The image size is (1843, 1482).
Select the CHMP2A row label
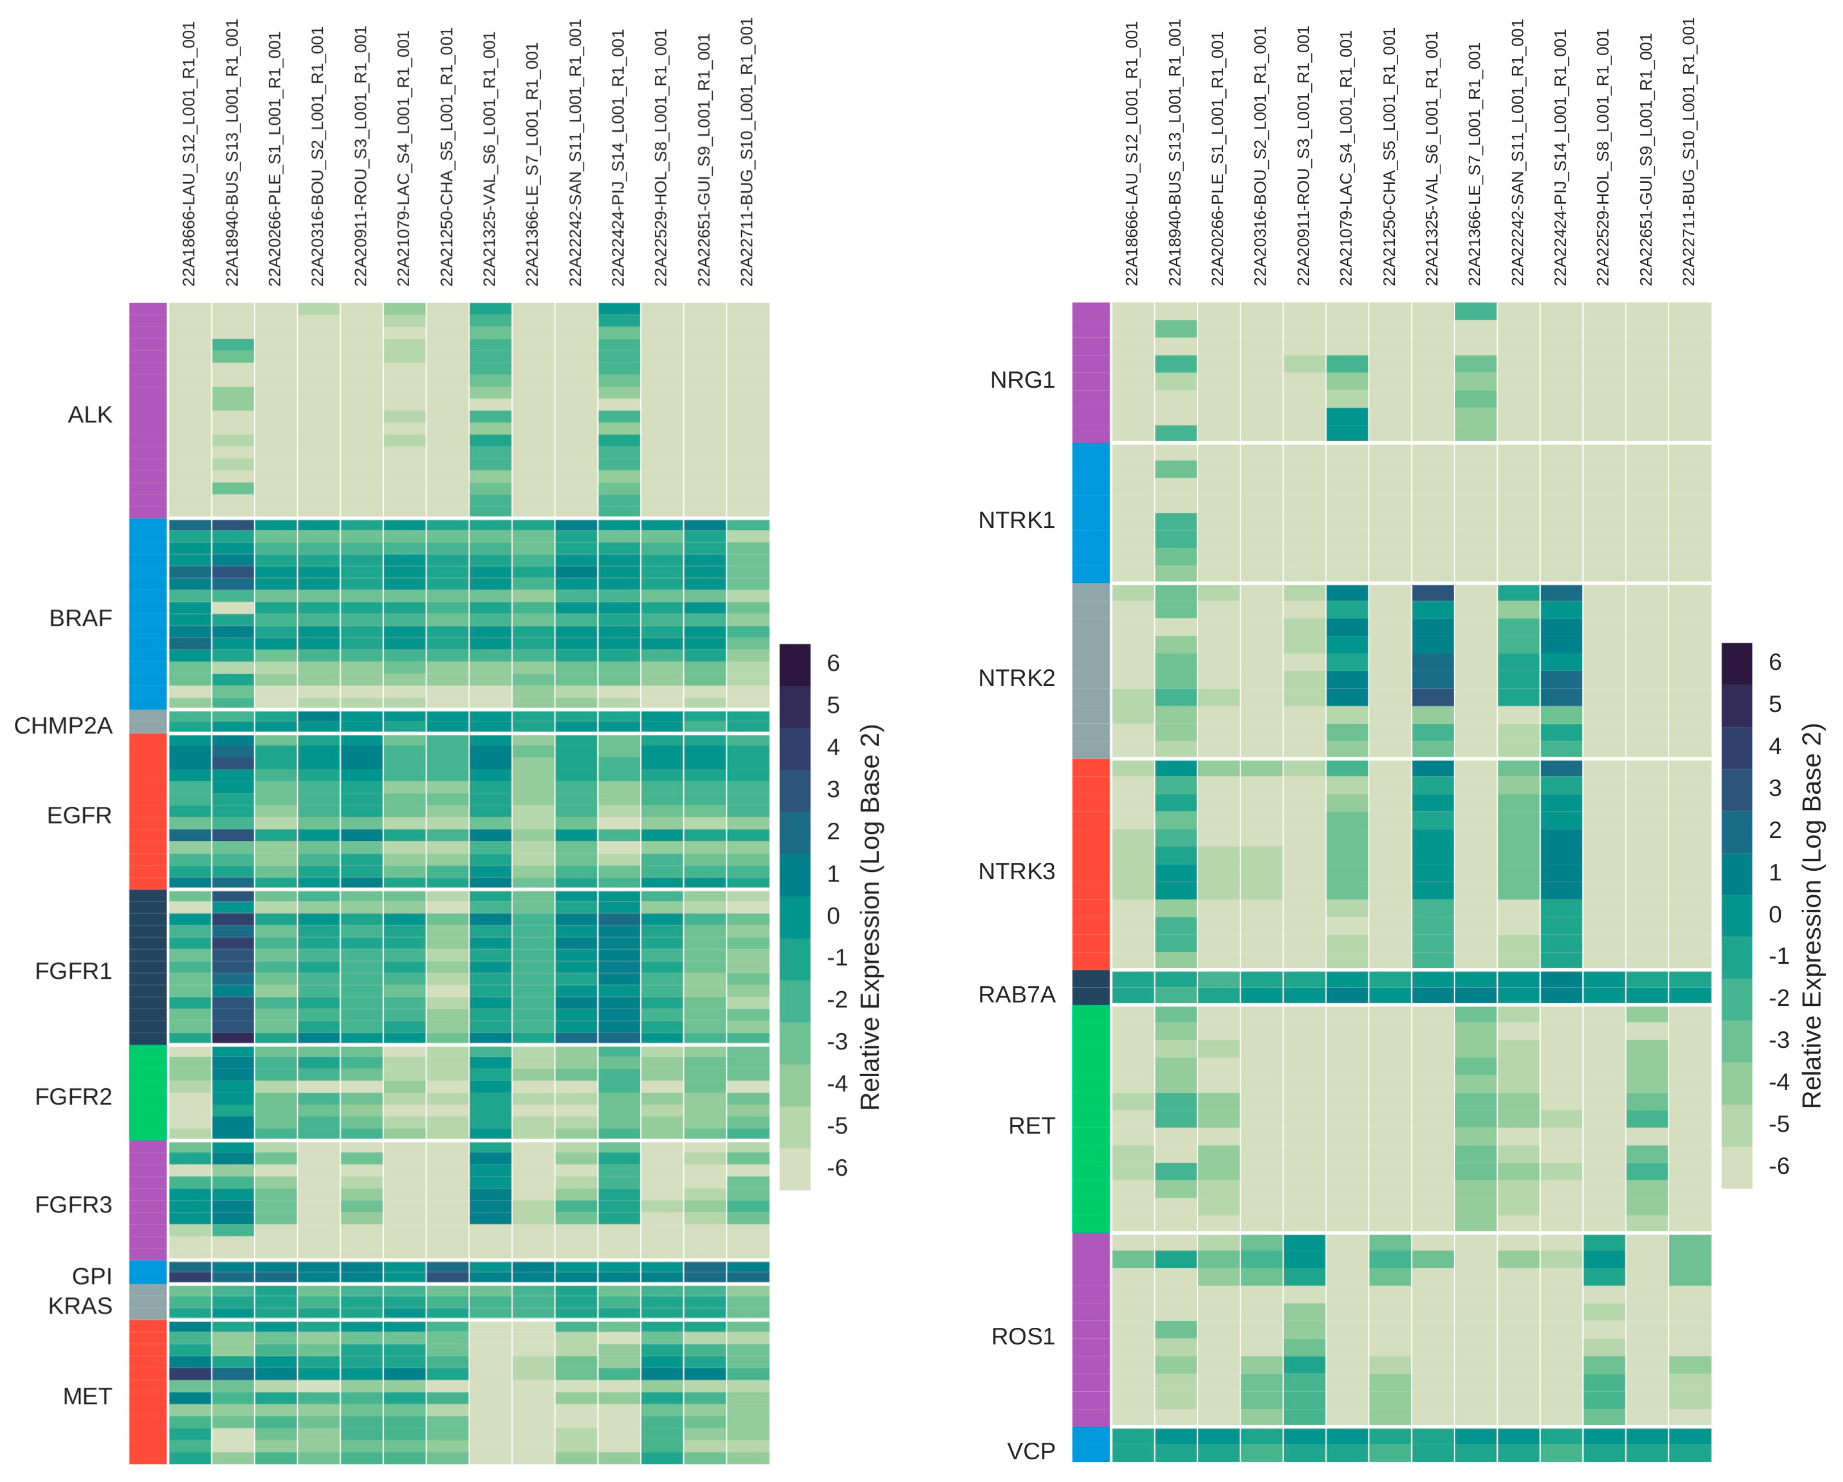coord(63,725)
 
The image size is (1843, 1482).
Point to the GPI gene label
coord(92,1276)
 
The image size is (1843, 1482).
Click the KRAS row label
coord(80,1306)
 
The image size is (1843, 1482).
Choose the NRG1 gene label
coord(1022,379)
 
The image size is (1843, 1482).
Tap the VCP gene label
coord(1031,1451)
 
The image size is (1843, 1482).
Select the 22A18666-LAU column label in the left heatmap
coord(189,154)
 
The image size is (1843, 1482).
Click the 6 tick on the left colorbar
coord(833,663)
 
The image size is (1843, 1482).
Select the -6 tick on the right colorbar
coord(1778,1166)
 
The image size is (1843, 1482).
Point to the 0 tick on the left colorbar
coord(833,916)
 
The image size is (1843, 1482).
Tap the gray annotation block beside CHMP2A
coord(148,722)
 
